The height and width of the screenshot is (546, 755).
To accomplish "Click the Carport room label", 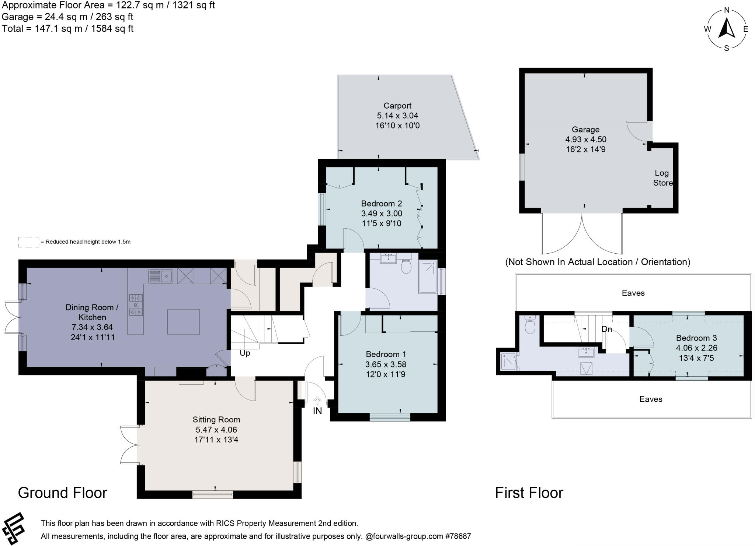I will (397, 106).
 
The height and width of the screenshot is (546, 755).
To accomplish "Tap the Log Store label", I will (662, 178).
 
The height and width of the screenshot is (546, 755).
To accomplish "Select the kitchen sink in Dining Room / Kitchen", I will (161, 276).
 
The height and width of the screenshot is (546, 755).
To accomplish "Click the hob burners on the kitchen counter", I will (136, 305).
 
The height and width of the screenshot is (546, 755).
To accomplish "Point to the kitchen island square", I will (184, 322).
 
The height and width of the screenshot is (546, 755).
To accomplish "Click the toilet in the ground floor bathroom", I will (406, 266).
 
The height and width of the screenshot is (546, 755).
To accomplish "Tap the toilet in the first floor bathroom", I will (530, 325).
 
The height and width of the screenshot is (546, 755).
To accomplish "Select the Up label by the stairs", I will (245, 353).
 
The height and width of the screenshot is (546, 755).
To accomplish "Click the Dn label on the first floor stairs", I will (607, 329).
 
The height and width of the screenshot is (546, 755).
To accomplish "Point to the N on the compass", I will (727, 10).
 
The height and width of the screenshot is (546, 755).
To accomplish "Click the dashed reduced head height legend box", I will (28, 242).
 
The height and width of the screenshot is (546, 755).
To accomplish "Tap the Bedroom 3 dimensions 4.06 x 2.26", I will (696, 348).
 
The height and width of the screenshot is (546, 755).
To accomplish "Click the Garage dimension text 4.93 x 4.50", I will (585, 140).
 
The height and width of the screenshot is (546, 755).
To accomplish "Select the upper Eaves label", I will (633, 293).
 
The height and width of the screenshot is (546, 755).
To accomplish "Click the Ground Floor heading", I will (63, 493).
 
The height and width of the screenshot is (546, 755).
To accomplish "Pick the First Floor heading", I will (529, 493).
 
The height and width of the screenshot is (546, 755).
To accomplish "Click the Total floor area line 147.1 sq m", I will (67, 29).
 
